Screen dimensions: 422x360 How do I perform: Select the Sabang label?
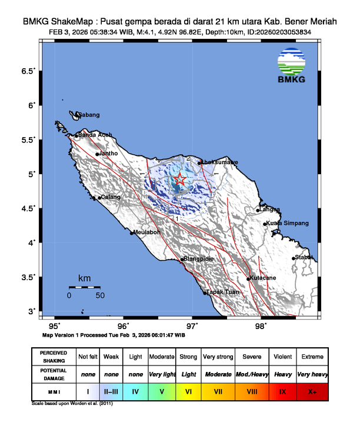point(88,115)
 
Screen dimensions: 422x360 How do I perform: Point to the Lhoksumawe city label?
point(221,162)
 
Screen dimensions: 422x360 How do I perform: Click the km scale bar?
point(84,287)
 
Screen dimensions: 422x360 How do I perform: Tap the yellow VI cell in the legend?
point(188,390)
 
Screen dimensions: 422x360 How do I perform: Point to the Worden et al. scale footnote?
point(72,404)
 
